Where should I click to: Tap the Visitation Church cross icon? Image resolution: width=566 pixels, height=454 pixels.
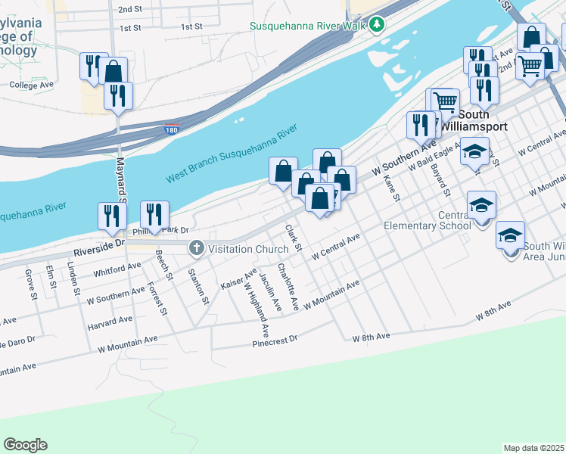click(197, 247)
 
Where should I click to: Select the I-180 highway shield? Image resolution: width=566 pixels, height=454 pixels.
click(172, 130)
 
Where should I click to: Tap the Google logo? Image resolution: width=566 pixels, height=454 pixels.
click(25, 445)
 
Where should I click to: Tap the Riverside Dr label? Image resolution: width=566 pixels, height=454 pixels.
click(98, 245)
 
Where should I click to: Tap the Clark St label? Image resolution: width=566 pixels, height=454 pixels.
click(294, 237)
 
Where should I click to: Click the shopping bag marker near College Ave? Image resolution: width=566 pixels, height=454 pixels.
click(114, 73)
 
